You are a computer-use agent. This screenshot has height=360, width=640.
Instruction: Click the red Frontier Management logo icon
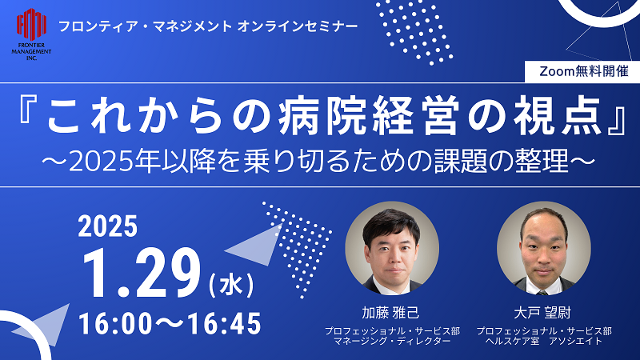[x=31, y=25]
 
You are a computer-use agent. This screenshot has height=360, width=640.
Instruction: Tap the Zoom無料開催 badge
[x=584, y=71]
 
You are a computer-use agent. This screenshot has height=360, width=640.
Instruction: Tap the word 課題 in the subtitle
[x=462, y=162]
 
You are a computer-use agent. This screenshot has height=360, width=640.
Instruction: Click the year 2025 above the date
[x=108, y=226]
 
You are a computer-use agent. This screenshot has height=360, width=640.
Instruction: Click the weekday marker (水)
[x=231, y=285]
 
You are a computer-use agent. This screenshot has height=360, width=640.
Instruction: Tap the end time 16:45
[x=224, y=324]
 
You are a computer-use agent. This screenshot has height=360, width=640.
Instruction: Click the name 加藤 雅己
[x=390, y=313]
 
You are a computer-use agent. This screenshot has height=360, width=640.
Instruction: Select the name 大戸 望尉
[x=542, y=313]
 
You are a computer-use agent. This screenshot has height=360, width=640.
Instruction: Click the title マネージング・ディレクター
[x=392, y=342]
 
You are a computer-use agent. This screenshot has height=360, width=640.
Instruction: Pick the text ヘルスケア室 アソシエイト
[x=544, y=342]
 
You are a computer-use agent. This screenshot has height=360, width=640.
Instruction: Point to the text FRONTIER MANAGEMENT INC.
[x=31, y=51]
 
